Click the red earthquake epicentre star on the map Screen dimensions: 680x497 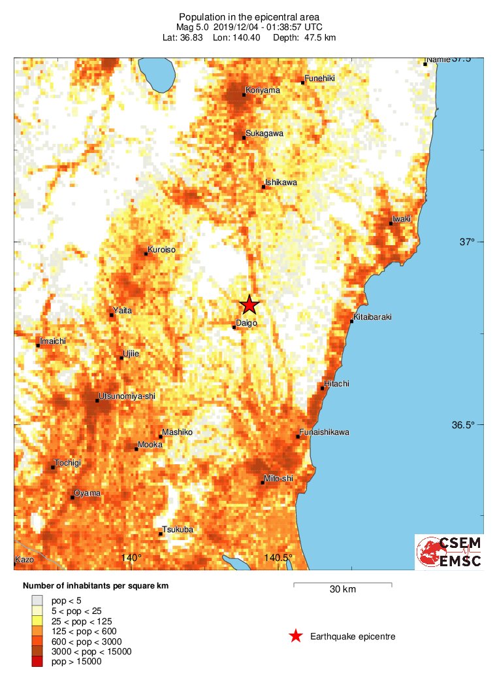pos(249,305)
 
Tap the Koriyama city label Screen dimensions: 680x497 pos(263,90)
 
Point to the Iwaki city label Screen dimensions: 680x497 pos(401,219)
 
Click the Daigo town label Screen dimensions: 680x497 pos(246,323)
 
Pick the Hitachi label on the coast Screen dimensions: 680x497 pos(336,384)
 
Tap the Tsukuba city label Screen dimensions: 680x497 pos(178,530)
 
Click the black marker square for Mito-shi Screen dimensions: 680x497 pos(263,483)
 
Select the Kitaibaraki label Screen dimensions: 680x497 pos(372,317)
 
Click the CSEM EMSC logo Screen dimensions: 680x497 pos(449,552)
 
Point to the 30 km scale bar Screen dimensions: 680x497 pos(342,583)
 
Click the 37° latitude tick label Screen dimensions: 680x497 pos(466,242)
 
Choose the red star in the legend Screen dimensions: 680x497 pos(296,636)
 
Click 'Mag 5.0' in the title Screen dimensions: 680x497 pos(194,27)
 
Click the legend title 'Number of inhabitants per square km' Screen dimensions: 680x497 pos(95,586)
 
